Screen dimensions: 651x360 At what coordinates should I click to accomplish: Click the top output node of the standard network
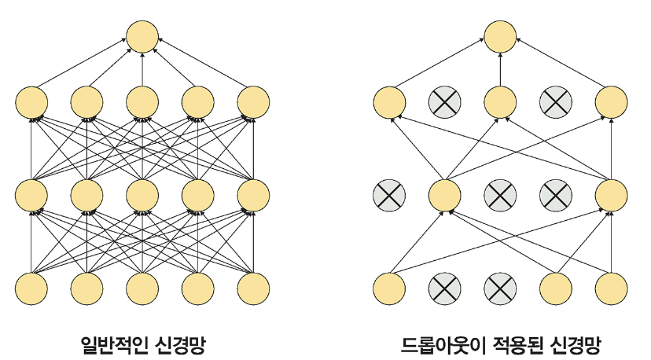click(x=142, y=36)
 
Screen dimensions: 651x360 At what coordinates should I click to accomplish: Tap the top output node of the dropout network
click(x=499, y=36)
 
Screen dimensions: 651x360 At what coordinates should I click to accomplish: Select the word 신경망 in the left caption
click(x=180, y=343)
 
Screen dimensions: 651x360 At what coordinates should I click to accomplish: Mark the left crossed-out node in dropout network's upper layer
click(x=444, y=101)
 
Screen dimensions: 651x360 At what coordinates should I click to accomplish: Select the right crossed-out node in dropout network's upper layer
click(x=555, y=101)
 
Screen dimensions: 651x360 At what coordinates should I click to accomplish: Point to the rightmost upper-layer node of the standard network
click(x=253, y=101)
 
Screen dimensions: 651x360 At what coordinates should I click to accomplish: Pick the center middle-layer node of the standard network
click(x=142, y=193)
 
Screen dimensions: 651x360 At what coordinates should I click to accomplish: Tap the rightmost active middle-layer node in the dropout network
click(x=611, y=193)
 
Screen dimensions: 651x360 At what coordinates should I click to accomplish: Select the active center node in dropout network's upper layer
click(x=499, y=101)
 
